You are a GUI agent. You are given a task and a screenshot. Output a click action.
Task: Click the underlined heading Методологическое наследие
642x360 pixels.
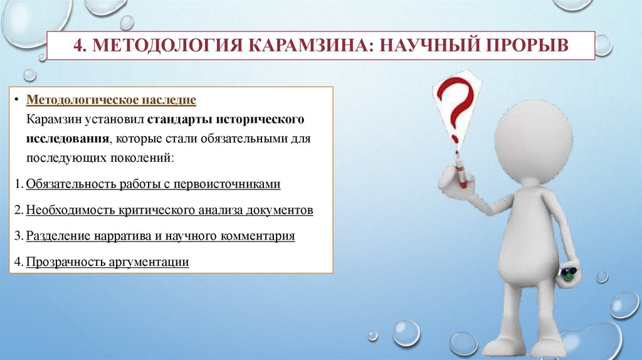(x=112, y=100)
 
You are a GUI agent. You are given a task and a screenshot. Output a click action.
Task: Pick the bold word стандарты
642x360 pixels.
(x=176, y=119)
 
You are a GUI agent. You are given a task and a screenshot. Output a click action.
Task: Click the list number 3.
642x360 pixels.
(x=19, y=236)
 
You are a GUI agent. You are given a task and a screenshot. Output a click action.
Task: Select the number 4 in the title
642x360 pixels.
(x=78, y=46)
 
